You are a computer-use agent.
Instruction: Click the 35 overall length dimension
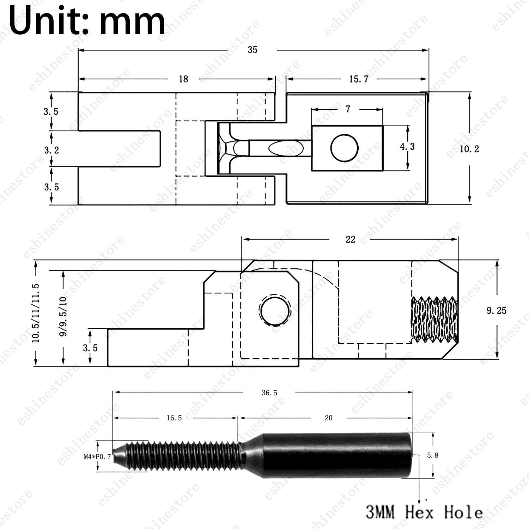point(253,50)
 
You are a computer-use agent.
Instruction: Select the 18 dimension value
point(183,79)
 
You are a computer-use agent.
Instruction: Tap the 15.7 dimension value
point(359,79)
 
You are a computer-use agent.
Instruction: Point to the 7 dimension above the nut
point(348,109)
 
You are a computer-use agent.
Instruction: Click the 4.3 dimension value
point(407,146)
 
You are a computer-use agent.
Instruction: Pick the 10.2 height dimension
point(469,149)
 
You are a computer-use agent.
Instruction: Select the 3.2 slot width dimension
point(51,150)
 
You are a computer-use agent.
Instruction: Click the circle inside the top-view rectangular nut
point(345,148)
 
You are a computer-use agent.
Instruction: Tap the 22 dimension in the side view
point(351,239)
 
